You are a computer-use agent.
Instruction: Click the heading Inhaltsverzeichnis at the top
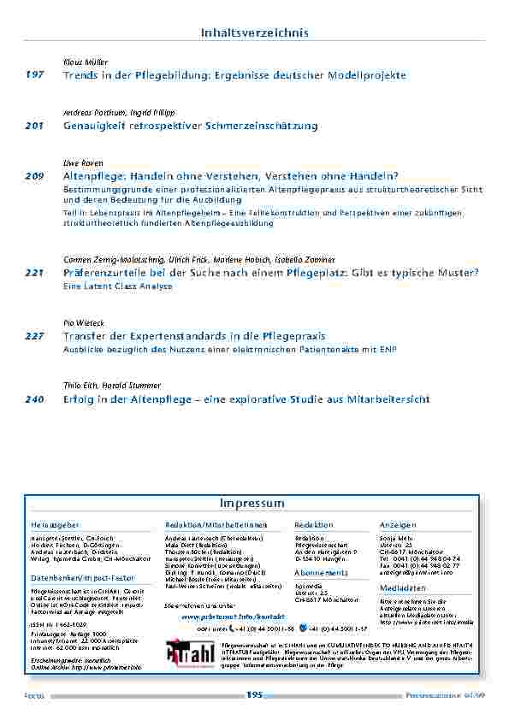pyautogui.click(x=254, y=32)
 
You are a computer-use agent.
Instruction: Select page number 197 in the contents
pyautogui.click(x=35, y=76)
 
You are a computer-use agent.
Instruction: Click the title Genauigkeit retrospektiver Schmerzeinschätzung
pyautogui.click(x=191, y=127)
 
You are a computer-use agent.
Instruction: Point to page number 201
pyautogui.click(x=35, y=127)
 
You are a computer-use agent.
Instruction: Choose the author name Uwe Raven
pyautogui.click(x=81, y=162)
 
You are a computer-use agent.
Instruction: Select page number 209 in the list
pyautogui.click(x=35, y=175)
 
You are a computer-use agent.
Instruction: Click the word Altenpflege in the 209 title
pyautogui.click(x=92, y=175)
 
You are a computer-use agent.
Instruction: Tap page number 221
pyautogui.click(x=35, y=273)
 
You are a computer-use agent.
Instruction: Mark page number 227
pyautogui.click(x=35, y=337)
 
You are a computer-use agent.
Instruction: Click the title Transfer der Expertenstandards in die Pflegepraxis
pyautogui.click(x=195, y=337)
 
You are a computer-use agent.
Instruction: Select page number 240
pyautogui.click(x=35, y=399)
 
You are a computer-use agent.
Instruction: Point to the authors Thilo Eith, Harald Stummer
pyautogui.click(x=112, y=386)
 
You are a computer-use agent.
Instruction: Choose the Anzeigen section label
pyautogui.click(x=398, y=524)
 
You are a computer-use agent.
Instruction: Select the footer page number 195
pyautogui.click(x=254, y=695)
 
